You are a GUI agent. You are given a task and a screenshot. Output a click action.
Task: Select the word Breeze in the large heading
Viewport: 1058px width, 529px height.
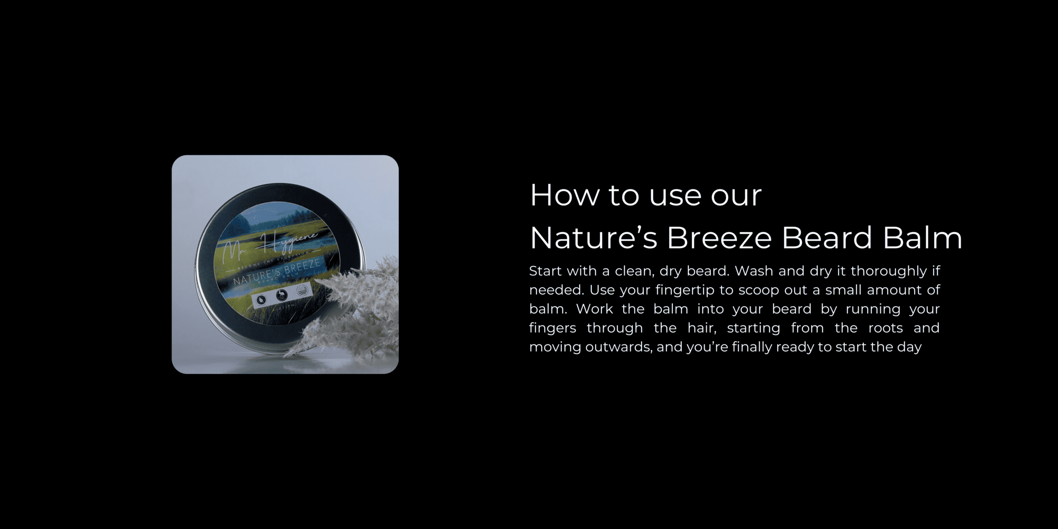[718, 238]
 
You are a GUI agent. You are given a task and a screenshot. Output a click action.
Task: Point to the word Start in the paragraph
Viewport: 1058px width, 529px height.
[545, 271]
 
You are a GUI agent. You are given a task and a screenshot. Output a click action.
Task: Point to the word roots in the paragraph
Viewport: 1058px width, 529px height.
[886, 328]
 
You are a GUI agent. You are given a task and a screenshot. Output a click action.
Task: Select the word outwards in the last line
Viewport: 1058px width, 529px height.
[618, 347]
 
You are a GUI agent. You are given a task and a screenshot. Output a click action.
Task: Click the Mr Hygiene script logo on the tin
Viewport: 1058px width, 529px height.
[270, 245]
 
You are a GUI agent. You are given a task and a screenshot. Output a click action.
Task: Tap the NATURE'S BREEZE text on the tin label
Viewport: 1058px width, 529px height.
[276, 271]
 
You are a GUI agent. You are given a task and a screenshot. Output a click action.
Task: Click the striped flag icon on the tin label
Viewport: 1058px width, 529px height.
[303, 290]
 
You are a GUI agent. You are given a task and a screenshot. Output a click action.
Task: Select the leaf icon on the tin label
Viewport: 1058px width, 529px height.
[261, 299]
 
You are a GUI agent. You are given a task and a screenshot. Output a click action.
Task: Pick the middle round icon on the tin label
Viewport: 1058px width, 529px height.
[282, 295]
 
